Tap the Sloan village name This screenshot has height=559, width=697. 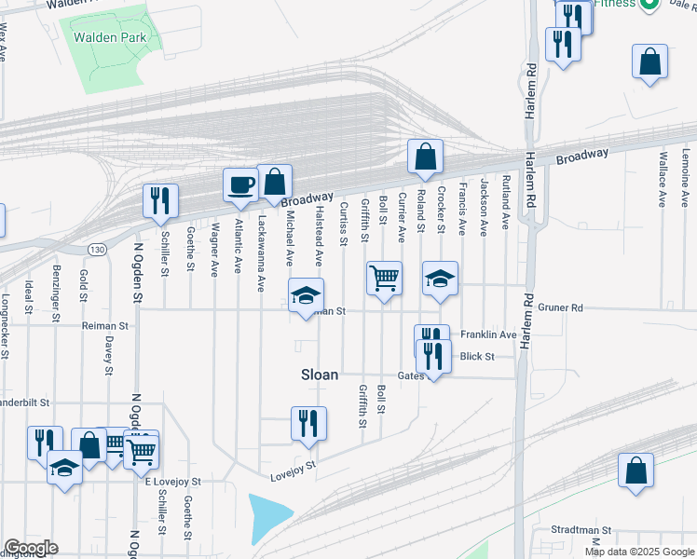click(320, 375)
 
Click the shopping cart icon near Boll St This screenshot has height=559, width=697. click(384, 278)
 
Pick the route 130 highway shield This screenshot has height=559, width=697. click(97, 250)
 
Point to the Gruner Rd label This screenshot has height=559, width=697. click(559, 307)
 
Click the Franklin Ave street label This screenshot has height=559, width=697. click(488, 334)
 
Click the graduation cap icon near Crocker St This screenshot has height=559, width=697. click(441, 279)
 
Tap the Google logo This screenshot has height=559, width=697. click(31, 548)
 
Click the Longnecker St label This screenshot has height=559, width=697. click(6, 326)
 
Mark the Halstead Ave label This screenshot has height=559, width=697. click(318, 237)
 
